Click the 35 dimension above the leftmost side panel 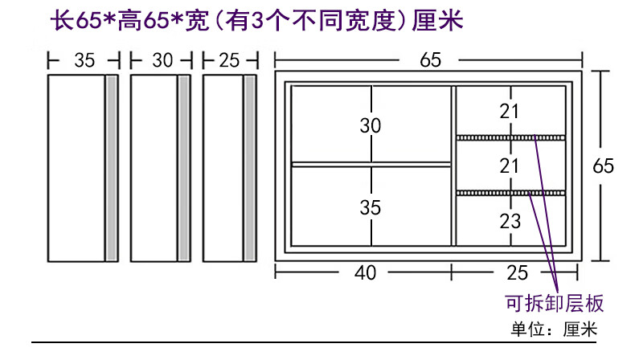pos(84,59)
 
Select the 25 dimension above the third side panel pos(230,59)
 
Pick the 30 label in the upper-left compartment pos(371,126)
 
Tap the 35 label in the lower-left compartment pos(371,207)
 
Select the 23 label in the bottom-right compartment pos(510,221)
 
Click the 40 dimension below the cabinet pos(365,272)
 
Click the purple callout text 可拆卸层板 pos(554,304)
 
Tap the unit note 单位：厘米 pos(554,329)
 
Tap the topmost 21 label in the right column pos(510,112)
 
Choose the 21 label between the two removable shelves pos(510,166)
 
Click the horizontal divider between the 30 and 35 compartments pos(371,165)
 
